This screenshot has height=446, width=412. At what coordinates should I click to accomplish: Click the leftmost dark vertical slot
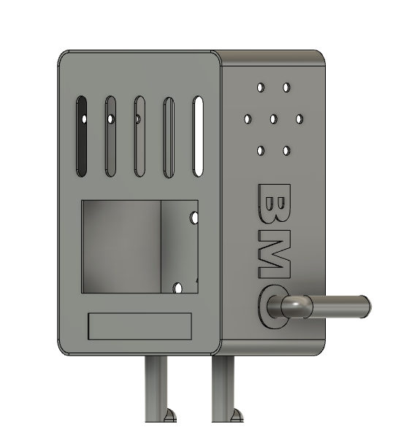(x=82, y=136)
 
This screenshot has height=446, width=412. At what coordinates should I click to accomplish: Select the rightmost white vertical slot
(x=198, y=136)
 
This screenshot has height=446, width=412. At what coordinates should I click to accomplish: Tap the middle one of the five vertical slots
(x=139, y=137)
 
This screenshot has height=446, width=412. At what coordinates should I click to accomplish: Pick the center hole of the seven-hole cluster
(x=273, y=118)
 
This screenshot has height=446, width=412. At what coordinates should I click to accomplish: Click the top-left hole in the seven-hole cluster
(x=261, y=88)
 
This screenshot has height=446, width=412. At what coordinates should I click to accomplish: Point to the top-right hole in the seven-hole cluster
(x=286, y=88)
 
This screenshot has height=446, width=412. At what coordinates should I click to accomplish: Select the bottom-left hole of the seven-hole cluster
(x=261, y=151)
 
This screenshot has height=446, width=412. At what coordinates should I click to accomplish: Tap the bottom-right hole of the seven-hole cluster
(x=286, y=151)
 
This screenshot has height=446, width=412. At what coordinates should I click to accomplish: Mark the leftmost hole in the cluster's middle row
(x=248, y=118)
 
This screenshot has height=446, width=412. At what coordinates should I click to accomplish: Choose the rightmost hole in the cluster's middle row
(x=299, y=118)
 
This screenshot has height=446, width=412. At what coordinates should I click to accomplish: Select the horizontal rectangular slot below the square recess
(x=140, y=326)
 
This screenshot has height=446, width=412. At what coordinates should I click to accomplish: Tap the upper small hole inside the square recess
(x=194, y=218)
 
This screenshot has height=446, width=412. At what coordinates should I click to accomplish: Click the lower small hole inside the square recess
(x=178, y=288)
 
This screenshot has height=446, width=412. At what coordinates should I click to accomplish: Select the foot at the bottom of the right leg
(x=234, y=415)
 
